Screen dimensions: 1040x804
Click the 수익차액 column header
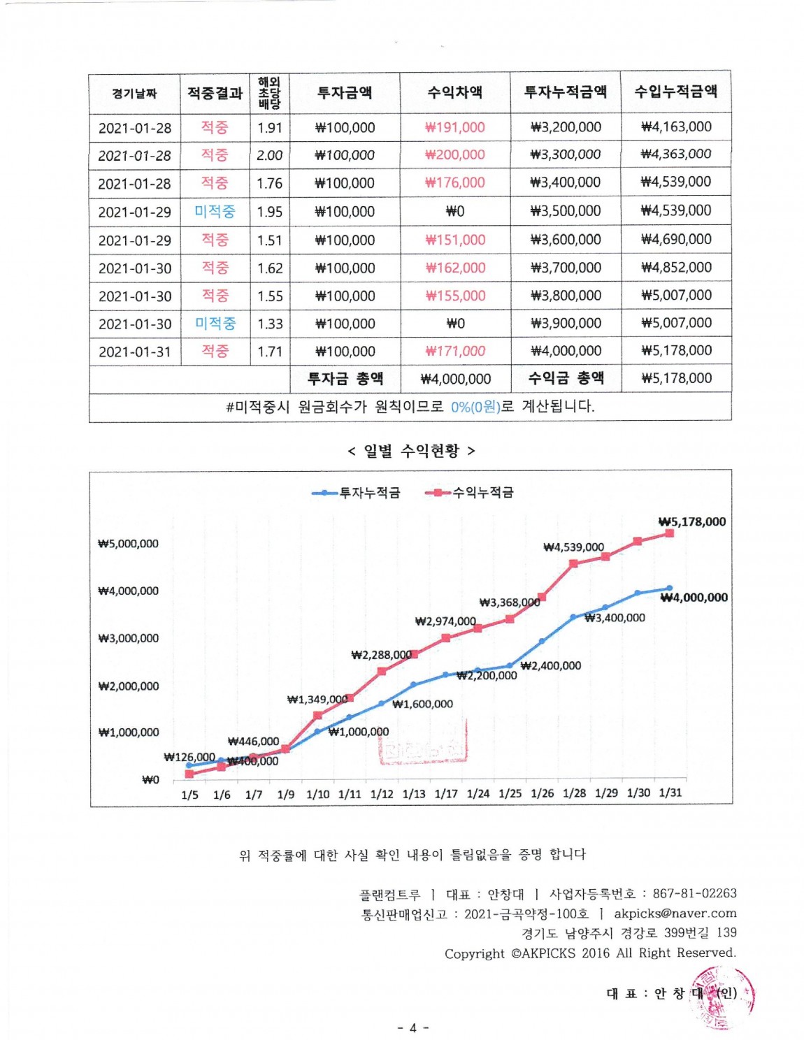click(x=454, y=92)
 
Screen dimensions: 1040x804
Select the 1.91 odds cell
click(x=269, y=128)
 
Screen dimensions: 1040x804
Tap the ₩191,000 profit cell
click(x=454, y=127)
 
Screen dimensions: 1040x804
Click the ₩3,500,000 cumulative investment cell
click(x=565, y=211)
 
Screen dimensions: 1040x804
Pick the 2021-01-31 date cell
click(x=135, y=352)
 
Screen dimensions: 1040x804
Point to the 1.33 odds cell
click(x=270, y=324)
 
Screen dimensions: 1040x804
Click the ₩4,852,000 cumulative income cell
click(x=676, y=268)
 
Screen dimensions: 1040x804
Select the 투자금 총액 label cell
click(x=345, y=379)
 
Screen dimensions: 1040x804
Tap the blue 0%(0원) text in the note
click(x=475, y=407)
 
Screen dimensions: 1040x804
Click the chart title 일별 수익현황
click(x=411, y=451)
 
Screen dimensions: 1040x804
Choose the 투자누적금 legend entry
click(x=357, y=493)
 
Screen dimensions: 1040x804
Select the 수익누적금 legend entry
click(x=470, y=493)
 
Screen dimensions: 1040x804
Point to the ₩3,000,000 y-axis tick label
click(x=129, y=638)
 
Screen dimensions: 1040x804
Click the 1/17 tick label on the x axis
click(x=445, y=794)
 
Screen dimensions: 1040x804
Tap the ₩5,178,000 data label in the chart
click(x=692, y=521)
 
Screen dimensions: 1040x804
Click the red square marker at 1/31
click(x=670, y=533)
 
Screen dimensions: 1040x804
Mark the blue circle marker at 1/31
click(x=670, y=588)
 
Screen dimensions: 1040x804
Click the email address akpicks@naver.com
click(x=675, y=913)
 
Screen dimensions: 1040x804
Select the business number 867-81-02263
click(x=694, y=893)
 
